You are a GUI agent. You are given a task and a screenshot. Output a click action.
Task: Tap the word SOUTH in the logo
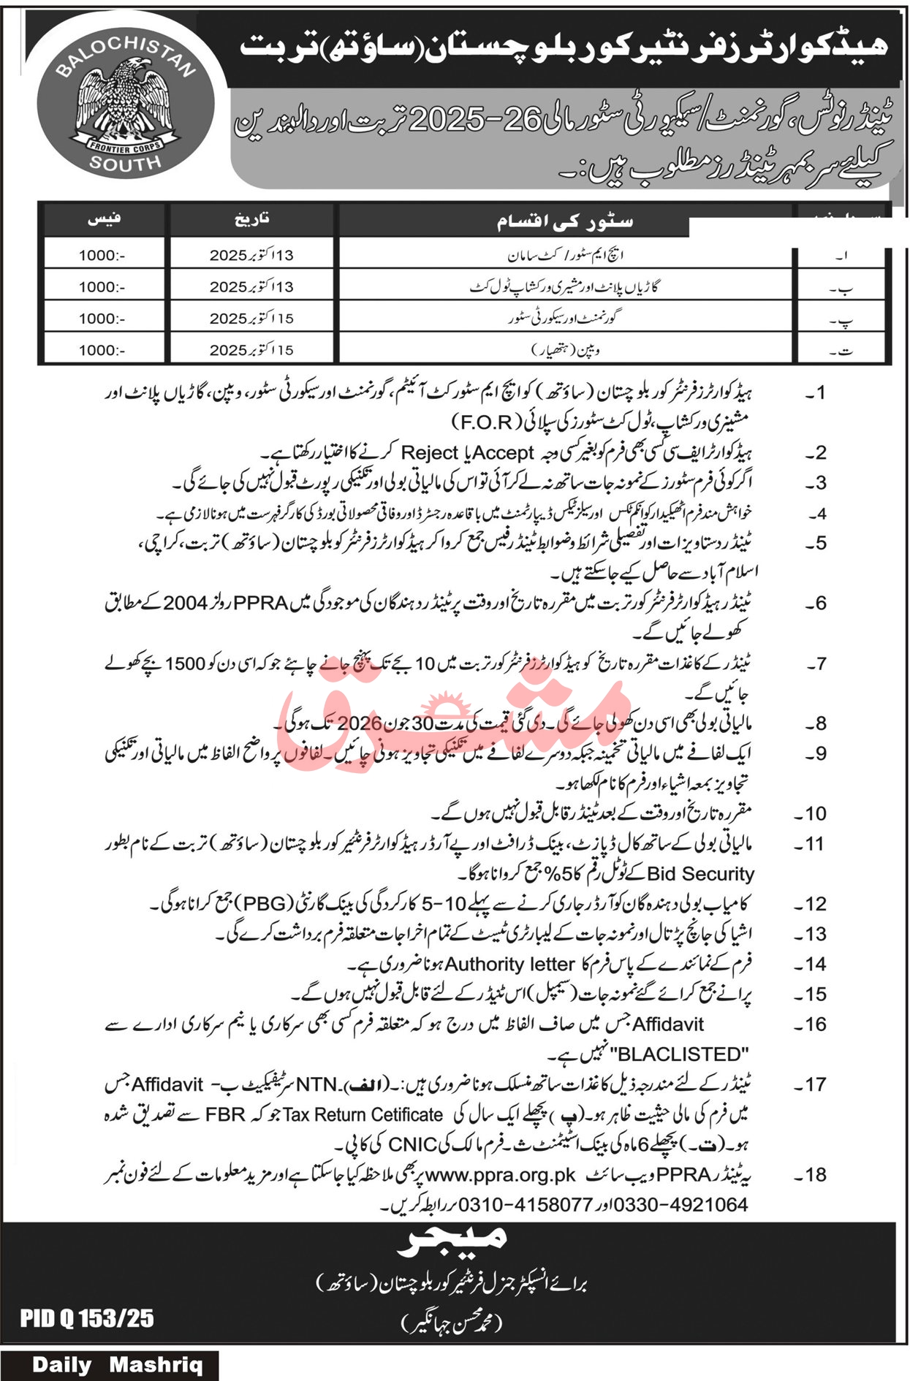[125, 162]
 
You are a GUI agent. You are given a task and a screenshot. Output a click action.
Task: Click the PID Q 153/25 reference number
[87, 1317]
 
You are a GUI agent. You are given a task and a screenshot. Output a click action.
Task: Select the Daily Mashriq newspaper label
[117, 1364]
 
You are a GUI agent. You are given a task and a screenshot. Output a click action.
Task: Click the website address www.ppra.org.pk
[501, 1174]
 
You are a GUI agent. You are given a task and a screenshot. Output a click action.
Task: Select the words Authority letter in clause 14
[509, 964]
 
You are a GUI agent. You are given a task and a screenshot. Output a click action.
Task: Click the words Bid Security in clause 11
[700, 873]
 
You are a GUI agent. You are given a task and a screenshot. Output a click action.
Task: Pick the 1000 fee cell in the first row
[102, 255]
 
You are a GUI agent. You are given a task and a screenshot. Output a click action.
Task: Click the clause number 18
[814, 1174]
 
